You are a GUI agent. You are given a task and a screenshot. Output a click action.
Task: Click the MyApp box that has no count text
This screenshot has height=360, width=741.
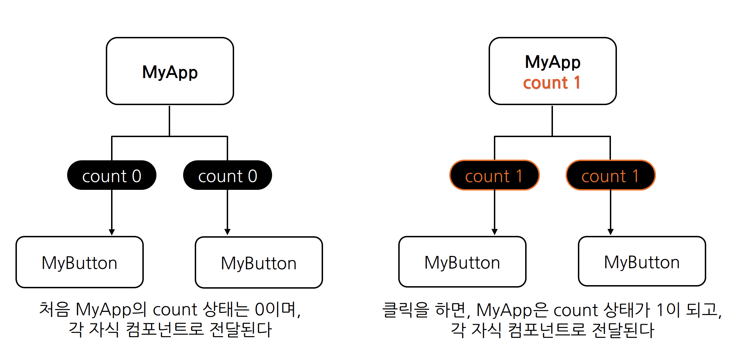click(x=170, y=71)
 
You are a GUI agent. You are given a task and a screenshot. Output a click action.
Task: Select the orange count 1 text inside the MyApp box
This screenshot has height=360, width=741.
click(x=552, y=83)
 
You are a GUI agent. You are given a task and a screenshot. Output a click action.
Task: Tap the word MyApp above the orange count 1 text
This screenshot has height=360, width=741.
click(x=553, y=62)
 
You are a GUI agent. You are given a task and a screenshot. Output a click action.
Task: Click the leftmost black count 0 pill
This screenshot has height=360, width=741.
click(x=111, y=175)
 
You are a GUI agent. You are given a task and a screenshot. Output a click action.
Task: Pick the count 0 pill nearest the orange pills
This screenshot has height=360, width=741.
click(x=227, y=175)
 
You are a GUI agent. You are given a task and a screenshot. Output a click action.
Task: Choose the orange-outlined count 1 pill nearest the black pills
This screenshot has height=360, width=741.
click(x=494, y=175)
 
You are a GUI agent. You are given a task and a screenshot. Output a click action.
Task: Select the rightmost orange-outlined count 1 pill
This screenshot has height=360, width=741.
click(x=610, y=175)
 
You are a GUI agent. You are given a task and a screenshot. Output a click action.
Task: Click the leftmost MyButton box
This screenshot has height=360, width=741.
click(x=79, y=262)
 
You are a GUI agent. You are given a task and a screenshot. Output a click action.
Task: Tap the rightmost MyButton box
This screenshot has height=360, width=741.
click(x=642, y=262)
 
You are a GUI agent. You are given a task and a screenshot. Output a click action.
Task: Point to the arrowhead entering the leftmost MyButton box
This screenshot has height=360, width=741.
click(x=112, y=232)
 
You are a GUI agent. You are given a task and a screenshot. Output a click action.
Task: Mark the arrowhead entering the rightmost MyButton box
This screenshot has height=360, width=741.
click(x=611, y=232)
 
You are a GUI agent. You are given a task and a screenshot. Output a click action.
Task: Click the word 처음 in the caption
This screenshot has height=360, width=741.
click(x=54, y=309)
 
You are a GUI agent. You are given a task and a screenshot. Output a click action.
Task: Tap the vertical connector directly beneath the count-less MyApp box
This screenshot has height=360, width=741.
click(x=169, y=120)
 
